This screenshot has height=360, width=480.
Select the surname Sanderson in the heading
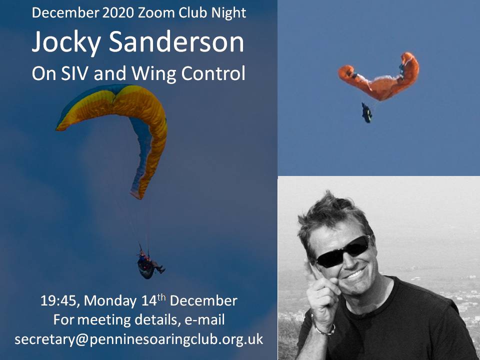pyautogui.click(x=176, y=41)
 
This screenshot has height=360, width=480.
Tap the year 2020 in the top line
pyautogui.click(x=118, y=12)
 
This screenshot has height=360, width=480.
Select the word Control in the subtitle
pyautogui.click(x=213, y=73)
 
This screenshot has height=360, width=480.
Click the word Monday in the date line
pyautogui.click(x=110, y=301)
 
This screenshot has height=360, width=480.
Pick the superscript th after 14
pyautogui.click(x=161, y=297)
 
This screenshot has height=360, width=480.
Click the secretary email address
pyautogui.click(x=138, y=339)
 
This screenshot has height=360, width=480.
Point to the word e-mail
pyautogui.click(x=205, y=319)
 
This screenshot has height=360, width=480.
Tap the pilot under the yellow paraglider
pyautogui.click(x=149, y=263)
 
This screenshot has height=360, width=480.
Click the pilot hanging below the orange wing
pyautogui.click(x=366, y=112)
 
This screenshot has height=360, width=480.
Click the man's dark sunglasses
pyautogui.click(x=343, y=251)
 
